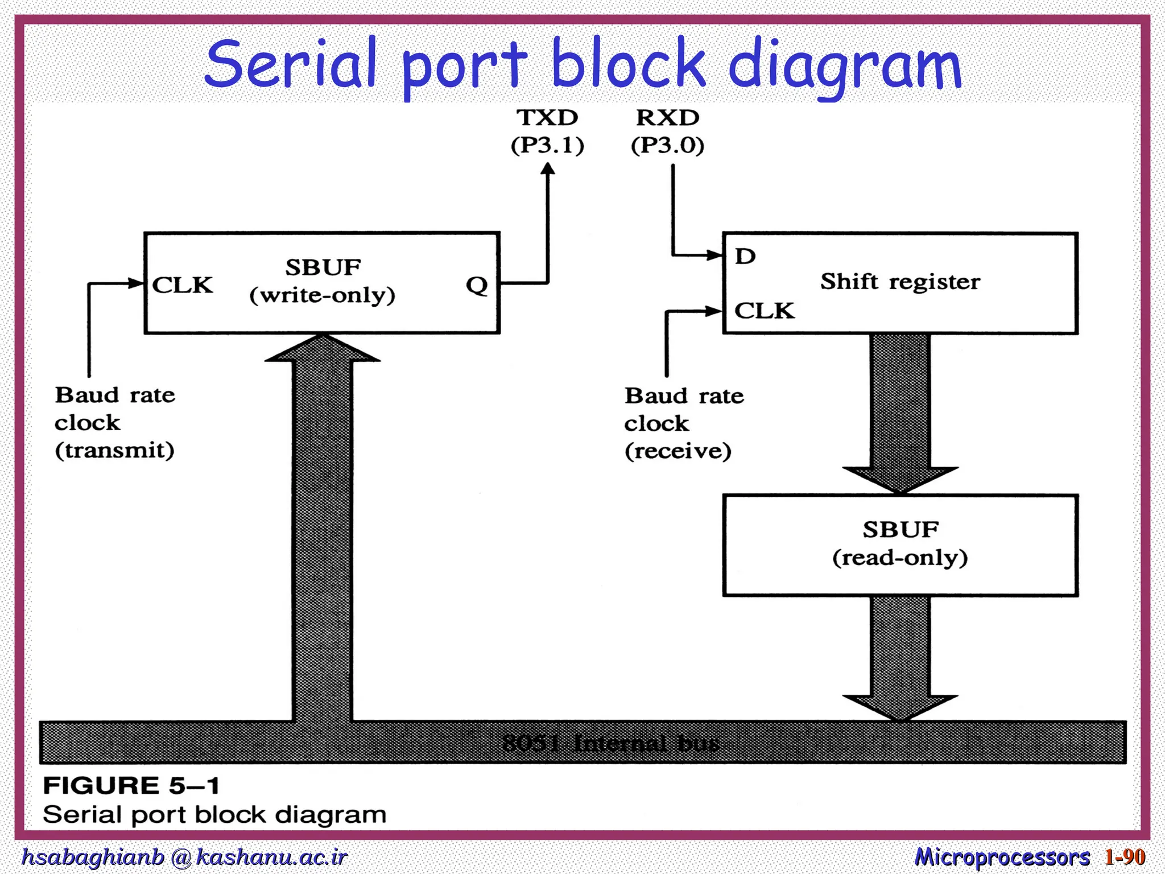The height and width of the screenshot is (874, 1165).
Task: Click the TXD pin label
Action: [547, 118]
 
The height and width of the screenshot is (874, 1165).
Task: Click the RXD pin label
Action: [667, 118]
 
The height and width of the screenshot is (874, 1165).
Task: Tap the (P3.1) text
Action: [547, 146]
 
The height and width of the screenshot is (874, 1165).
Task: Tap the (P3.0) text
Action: [667, 146]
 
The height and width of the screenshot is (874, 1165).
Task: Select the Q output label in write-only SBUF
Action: [477, 285]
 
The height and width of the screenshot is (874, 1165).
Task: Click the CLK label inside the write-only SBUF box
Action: [183, 285]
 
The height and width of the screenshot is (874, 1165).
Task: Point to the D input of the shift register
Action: [745, 257]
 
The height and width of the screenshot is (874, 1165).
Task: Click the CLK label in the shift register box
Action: [764, 311]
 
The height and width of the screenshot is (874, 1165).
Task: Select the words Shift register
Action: [900, 282]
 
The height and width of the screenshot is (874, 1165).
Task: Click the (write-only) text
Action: [322, 295]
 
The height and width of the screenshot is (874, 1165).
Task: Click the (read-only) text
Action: [900, 558]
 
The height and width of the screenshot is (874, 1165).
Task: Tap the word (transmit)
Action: [114, 450]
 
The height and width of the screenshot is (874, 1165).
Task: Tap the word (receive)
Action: [677, 451]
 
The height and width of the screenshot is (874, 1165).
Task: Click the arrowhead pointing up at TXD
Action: [547, 170]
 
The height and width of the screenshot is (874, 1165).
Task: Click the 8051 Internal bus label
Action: [610, 743]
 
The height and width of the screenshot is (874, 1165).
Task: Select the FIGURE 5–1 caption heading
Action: [131, 786]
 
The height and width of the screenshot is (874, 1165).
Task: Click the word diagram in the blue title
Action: [844, 65]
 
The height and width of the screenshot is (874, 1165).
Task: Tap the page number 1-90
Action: [1125, 856]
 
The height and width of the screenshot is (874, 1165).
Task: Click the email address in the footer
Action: [184, 857]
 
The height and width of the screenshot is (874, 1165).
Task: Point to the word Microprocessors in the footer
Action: [1002, 857]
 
